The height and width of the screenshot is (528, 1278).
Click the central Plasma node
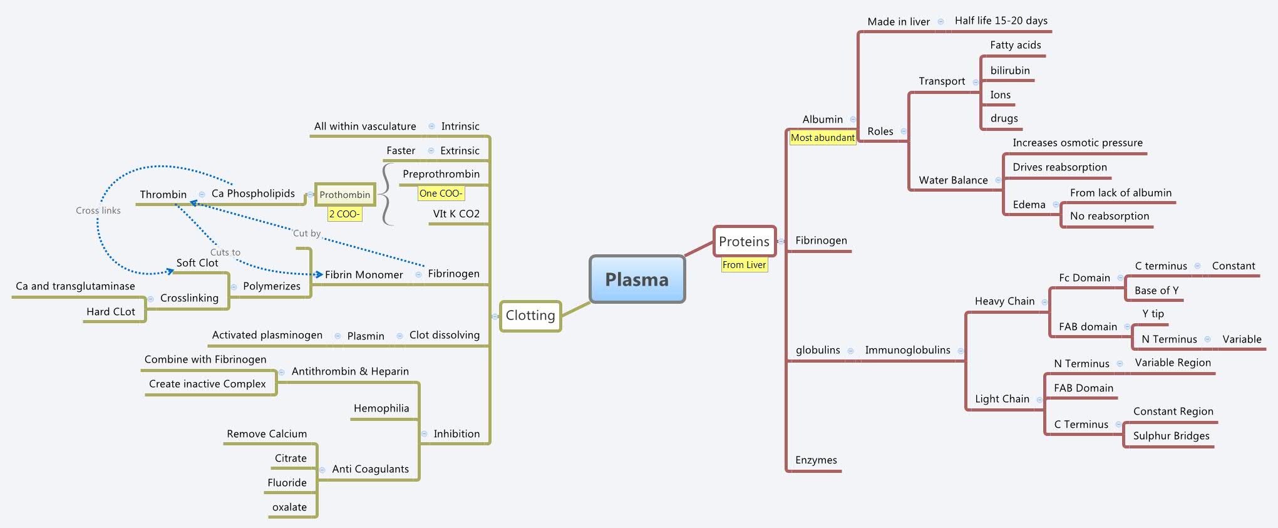637,279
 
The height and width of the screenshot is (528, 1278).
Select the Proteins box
744,242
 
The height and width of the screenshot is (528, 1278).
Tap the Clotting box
530,316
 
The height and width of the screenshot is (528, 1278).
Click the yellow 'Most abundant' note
822,138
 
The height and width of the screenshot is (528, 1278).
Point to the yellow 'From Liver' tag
744,265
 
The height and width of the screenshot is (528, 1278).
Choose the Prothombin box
344,195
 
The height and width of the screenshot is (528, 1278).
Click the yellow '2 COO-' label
344,214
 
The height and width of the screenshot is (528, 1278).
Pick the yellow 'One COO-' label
441,194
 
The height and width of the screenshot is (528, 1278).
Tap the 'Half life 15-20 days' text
1001,21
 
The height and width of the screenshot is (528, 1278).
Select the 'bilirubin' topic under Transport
1009,71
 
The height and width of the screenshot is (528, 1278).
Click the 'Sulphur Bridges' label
1171,436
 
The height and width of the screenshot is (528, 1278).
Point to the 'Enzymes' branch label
816,460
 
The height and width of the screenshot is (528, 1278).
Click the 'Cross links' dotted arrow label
98,210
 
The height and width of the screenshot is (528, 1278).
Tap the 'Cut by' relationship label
307,233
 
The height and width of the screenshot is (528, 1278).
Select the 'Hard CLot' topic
111,312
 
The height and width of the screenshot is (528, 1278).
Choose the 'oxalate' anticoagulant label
289,507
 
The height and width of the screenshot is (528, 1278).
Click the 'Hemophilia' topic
381,408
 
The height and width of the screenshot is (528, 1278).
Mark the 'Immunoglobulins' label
907,350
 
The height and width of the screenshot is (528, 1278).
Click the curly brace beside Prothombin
388,195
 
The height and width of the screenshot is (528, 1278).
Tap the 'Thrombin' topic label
163,195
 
